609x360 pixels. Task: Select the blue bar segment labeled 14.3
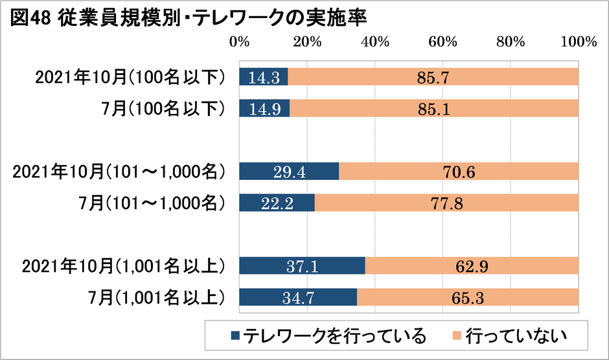(x=264, y=78)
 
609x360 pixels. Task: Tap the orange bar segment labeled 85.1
(x=434, y=107)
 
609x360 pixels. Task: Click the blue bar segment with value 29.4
(x=289, y=172)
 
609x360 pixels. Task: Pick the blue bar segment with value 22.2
(x=277, y=203)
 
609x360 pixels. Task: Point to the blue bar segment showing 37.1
(x=303, y=265)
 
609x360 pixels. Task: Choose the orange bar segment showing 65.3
(x=467, y=297)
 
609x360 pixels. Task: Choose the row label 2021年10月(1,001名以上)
(x=123, y=265)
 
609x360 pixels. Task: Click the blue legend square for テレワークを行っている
(x=235, y=335)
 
